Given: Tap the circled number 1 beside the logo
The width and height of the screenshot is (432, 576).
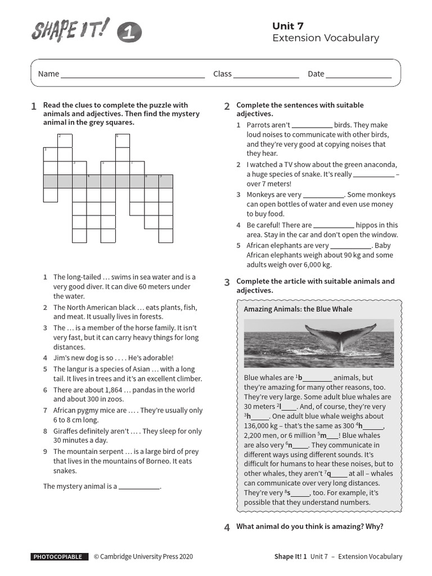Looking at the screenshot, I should tap(129, 35).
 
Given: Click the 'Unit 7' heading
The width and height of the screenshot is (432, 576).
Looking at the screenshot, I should tap(288, 25).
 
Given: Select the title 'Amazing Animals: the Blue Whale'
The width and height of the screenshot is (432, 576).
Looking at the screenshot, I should tap(298, 309).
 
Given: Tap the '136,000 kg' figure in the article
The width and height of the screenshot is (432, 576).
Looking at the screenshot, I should tap(264, 426).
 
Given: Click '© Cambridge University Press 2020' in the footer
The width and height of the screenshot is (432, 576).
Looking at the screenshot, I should tap(143, 556).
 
